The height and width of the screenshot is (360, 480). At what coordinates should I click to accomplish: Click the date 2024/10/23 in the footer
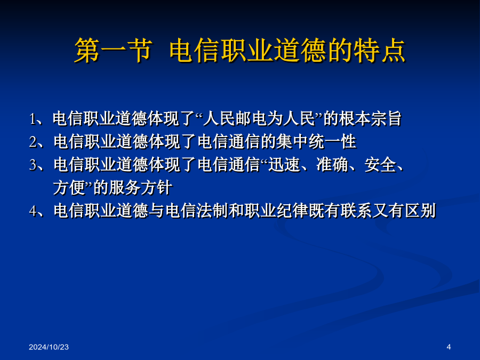click(49, 347)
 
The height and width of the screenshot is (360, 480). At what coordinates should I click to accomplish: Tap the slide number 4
click(449, 347)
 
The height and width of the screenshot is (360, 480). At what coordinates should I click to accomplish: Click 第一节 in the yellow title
click(113, 51)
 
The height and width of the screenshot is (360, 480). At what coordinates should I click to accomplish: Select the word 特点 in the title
click(379, 51)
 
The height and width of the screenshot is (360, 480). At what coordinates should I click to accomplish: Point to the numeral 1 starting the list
click(33, 119)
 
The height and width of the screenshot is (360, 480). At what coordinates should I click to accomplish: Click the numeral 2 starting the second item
click(33, 142)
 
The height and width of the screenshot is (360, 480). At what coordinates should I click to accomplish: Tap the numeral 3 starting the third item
click(33, 165)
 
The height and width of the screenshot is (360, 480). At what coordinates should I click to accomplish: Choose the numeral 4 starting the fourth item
click(33, 211)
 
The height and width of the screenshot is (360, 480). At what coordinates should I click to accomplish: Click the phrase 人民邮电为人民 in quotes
click(260, 119)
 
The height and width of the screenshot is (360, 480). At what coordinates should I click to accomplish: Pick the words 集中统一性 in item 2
click(316, 141)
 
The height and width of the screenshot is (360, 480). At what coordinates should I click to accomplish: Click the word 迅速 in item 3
click(284, 164)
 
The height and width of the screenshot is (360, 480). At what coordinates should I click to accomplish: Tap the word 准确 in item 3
click(332, 164)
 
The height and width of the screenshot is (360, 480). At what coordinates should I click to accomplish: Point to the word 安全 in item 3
click(380, 164)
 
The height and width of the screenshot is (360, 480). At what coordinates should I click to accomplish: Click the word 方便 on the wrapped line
click(69, 187)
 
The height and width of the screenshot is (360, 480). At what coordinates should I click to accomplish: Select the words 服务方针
click(140, 187)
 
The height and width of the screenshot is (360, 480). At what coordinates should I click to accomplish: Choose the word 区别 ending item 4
click(420, 210)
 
